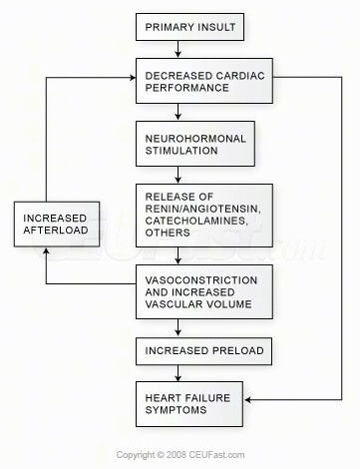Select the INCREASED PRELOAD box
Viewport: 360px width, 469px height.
click(x=196, y=350)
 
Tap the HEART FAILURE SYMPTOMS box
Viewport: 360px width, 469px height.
click(x=196, y=404)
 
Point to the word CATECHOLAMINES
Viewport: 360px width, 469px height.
click(x=196, y=212)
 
